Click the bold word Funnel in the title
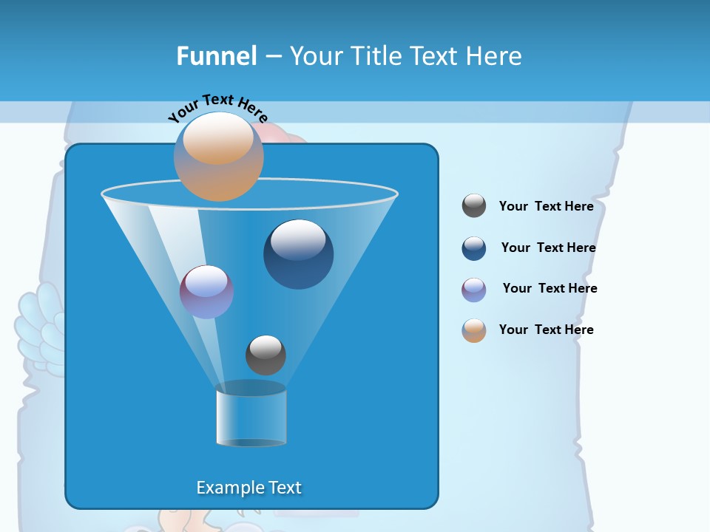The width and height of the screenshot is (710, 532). (x=217, y=55)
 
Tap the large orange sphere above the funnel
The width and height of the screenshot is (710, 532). (x=219, y=156)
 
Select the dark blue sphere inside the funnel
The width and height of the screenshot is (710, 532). (x=298, y=255)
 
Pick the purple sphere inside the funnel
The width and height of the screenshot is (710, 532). (x=206, y=292)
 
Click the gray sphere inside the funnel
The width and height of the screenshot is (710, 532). (x=266, y=355)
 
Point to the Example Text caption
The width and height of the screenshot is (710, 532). (x=249, y=488)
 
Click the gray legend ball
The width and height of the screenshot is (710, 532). (x=474, y=206)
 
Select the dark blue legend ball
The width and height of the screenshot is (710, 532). (x=474, y=248)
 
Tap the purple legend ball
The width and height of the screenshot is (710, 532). (x=474, y=290)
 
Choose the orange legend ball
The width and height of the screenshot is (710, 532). (x=474, y=330)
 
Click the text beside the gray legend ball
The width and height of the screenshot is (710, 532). (x=546, y=206)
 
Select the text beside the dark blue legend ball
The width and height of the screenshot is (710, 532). (x=548, y=248)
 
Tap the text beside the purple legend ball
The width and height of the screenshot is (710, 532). (x=550, y=288)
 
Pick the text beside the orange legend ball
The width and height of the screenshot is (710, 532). (x=546, y=330)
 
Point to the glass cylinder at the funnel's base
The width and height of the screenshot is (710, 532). (x=251, y=415)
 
